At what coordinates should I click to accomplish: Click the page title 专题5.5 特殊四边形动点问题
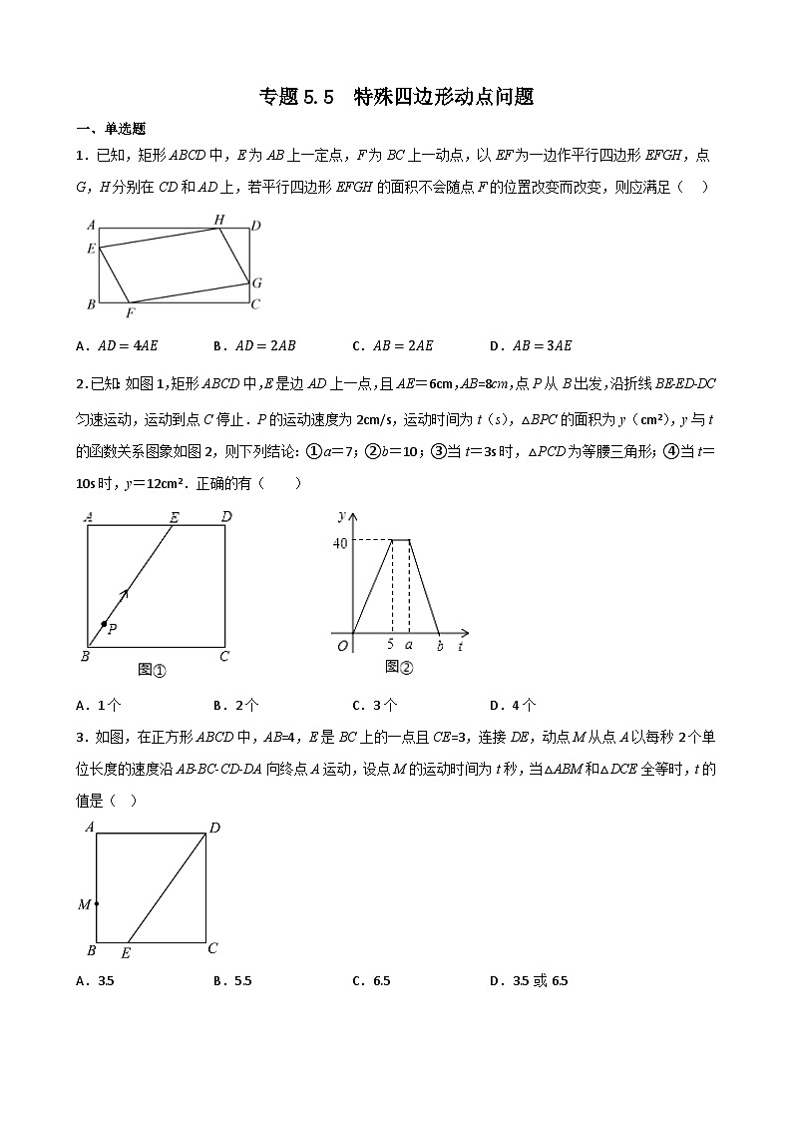tap(396, 96)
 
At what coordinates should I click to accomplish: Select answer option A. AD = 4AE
tap(117, 346)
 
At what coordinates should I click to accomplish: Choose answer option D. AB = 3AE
tap(531, 346)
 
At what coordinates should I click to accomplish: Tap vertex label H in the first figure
tap(219, 219)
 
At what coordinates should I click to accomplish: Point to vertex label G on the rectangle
tap(256, 282)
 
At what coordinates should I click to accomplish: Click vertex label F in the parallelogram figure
tap(130, 311)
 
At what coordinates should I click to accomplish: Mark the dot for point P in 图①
tap(104, 624)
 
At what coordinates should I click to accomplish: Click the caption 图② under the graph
tap(399, 667)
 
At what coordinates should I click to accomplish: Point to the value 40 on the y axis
tap(341, 542)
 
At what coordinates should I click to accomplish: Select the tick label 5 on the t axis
tap(390, 646)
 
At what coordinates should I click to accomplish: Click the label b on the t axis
tap(440, 647)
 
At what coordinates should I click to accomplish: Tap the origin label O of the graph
tap(343, 646)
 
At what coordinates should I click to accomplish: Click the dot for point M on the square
tap(97, 903)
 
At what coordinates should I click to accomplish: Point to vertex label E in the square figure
tap(126, 953)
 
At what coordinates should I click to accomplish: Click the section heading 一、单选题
tap(111, 128)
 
